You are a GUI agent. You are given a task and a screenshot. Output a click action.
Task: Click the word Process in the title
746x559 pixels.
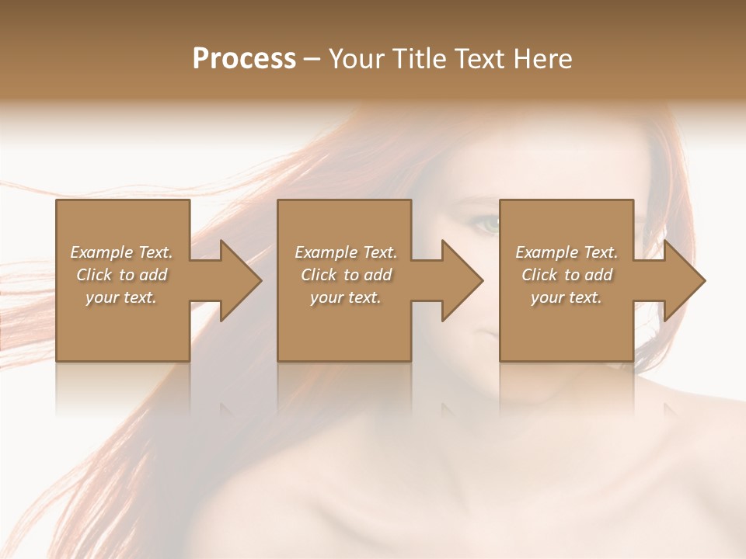tap(244, 59)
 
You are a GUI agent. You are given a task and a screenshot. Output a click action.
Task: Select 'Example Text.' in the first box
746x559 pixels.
tap(121, 252)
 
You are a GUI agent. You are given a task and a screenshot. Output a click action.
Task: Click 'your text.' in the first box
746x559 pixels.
tap(121, 297)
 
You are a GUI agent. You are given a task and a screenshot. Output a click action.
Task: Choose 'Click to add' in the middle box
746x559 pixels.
tap(346, 275)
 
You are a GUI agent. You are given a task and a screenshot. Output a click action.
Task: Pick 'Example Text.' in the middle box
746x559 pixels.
tap(346, 252)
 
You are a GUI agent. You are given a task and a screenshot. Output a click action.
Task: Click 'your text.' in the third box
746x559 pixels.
tap(566, 297)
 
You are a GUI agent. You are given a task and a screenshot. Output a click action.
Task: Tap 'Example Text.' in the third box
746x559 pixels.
tap(566, 252)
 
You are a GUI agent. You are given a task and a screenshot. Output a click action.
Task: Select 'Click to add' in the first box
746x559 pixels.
tap(121, 275)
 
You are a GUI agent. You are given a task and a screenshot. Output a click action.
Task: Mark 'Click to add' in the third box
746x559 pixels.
tap(566, 275)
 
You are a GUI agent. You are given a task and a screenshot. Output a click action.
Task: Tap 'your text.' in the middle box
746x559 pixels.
tap(346, 297)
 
